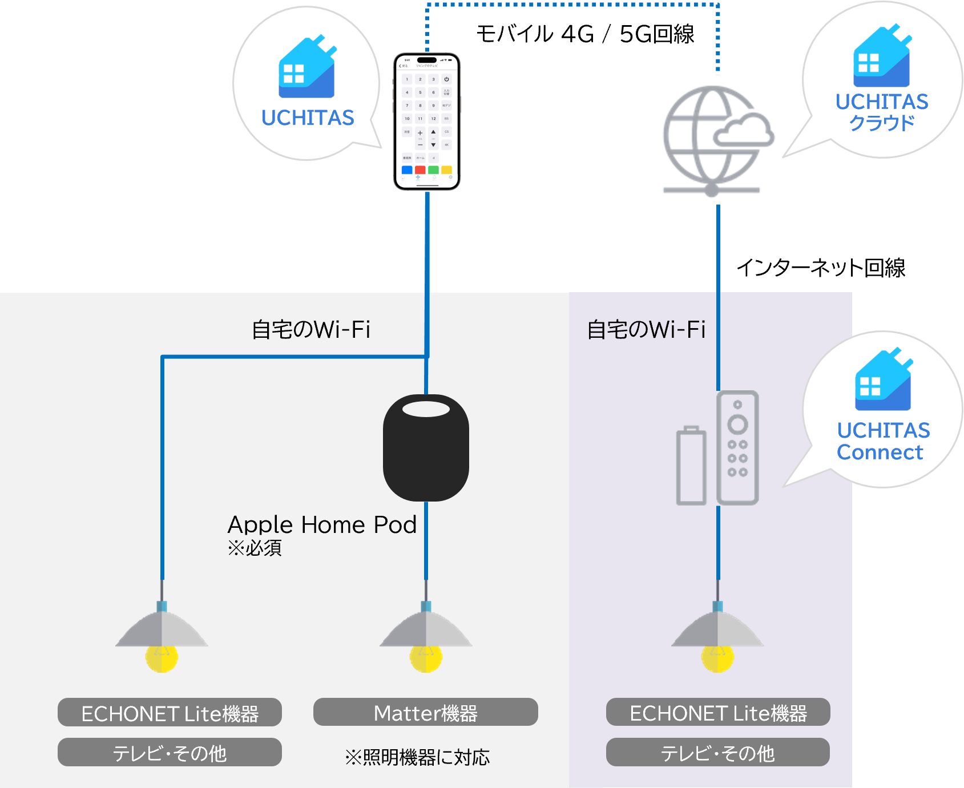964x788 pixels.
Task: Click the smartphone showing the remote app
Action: (427, 122)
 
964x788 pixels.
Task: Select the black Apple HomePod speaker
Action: (426, 448)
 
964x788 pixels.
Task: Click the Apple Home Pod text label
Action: (322, 525)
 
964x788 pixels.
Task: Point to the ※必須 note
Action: (255, 548)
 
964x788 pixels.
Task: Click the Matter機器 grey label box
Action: (426, 713)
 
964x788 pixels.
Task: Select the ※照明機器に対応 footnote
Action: (417, 757)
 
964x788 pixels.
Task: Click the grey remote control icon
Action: (737, 448)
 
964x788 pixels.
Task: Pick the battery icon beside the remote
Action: (691, 466)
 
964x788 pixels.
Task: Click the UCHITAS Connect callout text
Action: (882, 441)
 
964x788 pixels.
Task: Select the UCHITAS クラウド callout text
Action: (882, 112)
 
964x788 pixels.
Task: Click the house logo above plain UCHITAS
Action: (307, 68)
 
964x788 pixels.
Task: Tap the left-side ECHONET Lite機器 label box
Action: (170, 713)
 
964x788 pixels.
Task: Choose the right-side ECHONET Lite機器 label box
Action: (718, 713)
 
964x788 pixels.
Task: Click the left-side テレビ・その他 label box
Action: (170, 753)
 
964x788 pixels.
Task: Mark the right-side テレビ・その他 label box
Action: (718, 753)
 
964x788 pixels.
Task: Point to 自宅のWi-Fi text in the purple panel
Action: (646, 330)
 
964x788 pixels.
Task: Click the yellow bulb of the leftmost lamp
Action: (162, 658)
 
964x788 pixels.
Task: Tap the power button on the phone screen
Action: (446, 79)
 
